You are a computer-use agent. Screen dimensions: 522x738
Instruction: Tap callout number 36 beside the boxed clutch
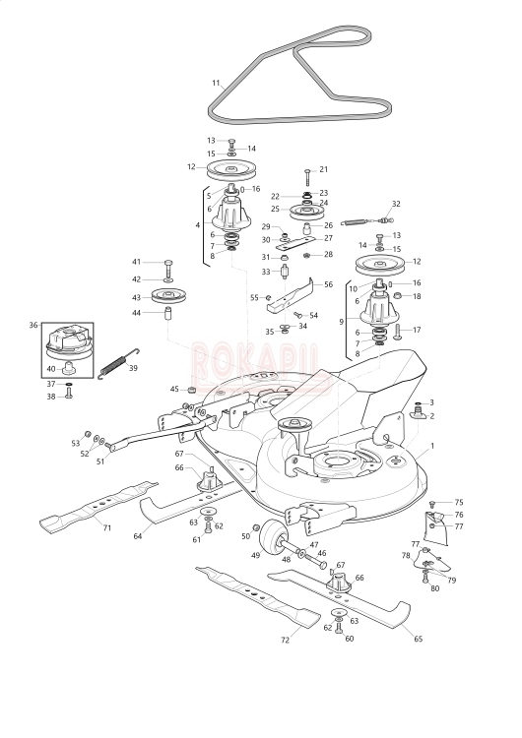click(x=33, y=325)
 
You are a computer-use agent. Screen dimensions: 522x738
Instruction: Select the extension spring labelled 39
click(x=118, y=363)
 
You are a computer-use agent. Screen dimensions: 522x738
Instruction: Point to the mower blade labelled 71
click(x=98, y=506)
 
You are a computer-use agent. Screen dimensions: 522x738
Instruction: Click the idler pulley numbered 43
click(x=168, y=296)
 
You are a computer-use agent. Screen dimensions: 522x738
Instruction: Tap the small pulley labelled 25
click(x=306, y=211)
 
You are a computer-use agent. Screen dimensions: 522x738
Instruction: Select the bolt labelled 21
click(x=307, y=178)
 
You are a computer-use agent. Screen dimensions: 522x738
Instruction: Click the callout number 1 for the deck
click(x=432, y=445)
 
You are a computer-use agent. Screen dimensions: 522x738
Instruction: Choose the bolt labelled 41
click(x=168, y=269)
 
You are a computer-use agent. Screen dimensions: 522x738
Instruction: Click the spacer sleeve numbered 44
click(x=168, y=314)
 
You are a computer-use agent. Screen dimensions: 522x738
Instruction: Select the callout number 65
click(x=418, y=639)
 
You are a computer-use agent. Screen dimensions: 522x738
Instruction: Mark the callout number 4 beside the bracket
click(x=198, y=225)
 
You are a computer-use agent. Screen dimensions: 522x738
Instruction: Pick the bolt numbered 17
click(x=397, y=332)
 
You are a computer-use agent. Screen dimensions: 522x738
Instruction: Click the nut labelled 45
click(x=191, y=390)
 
